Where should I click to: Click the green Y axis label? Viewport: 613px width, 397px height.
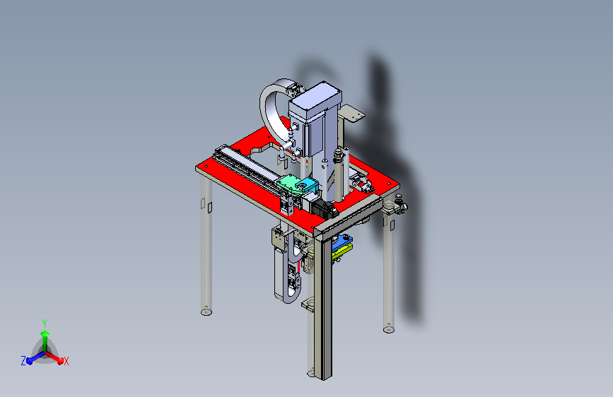[x=44, y=323]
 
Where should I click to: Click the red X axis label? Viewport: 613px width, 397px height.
[x=66, y=361]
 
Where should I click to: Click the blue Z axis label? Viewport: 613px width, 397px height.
[x=23, y=361]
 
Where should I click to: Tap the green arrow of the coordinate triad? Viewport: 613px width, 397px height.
[x=45, y=339]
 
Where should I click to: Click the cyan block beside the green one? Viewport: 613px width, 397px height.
[x=307, y=186]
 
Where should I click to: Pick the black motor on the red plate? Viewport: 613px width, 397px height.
[x=325, y=209]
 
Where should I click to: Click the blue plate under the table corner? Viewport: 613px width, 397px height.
[x=342, y=242]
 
